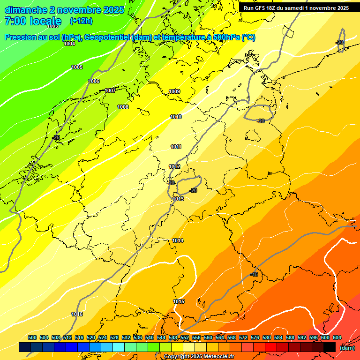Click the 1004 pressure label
tap(69, 44)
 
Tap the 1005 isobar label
tap(77, 67)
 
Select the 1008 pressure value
tap(123, 107)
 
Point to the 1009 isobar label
tap(175, 91)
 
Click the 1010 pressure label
tap(176, 117)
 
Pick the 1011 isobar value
tap(176, 147)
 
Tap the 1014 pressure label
tap(178, 240)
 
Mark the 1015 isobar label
tap(179, 301)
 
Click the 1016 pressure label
tap(77, 314)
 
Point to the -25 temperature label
tap(56, 137)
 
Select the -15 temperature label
tap(254, 274)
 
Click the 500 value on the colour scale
tap(32, 337)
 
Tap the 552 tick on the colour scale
tap(185, 337)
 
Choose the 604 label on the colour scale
tap(337, 337)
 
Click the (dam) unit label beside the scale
tap(347, 348)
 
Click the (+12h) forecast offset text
tap(81, 21)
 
